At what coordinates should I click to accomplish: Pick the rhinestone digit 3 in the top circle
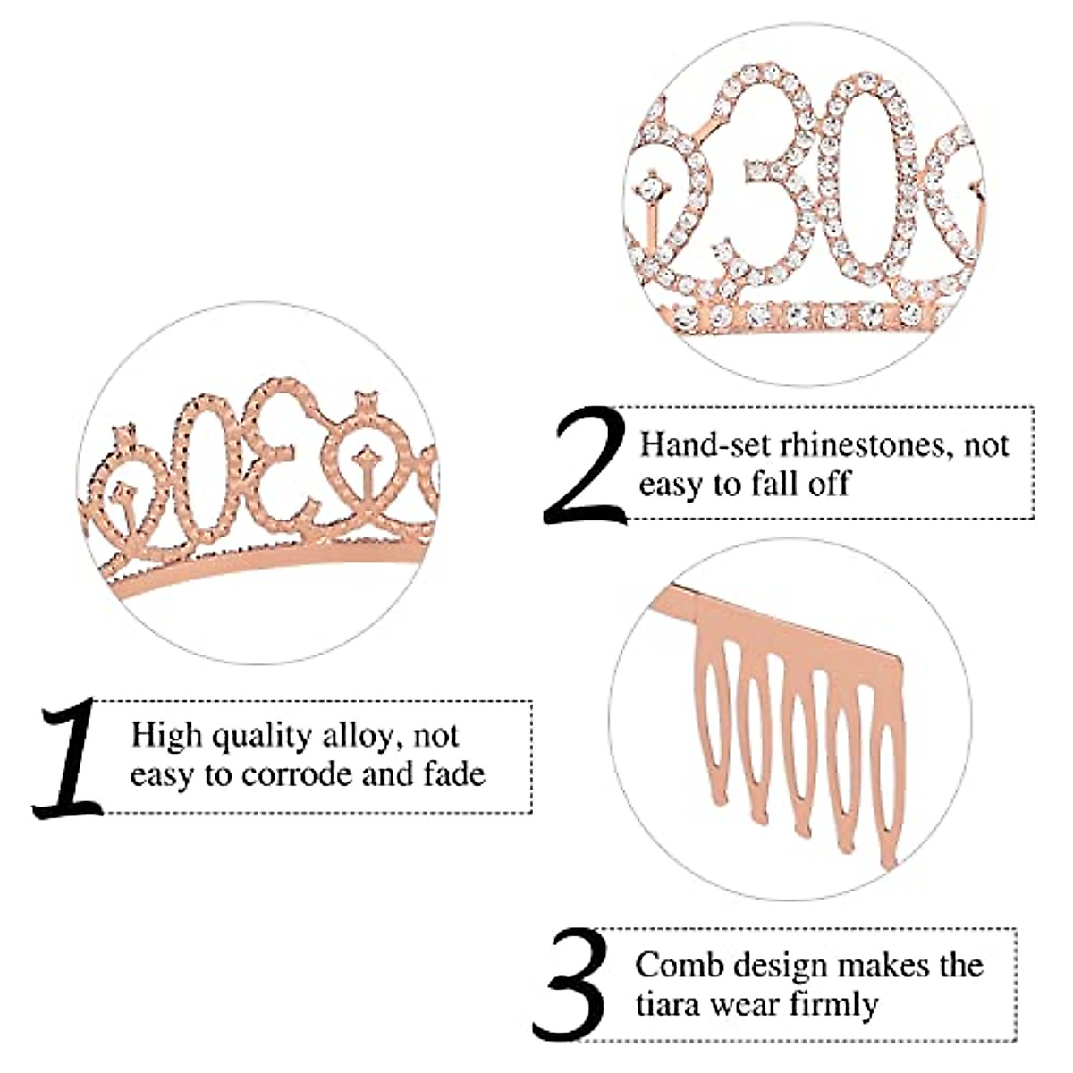tap(778, 179)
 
